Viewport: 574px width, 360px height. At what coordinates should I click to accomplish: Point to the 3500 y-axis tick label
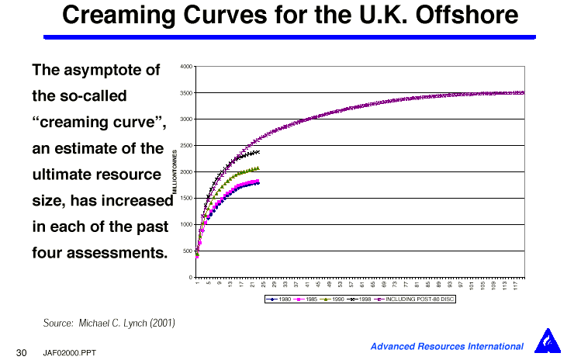[x=186, y=93]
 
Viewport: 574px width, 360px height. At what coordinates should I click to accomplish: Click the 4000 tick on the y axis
[x=186, y=67]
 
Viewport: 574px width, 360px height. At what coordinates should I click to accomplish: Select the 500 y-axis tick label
[x=188, y=251]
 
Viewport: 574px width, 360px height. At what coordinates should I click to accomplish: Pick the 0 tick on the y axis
[x=191, y=277]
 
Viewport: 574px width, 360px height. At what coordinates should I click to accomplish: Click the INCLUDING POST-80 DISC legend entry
[x=416, y=299]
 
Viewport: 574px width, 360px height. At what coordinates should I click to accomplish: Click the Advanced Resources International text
[x=447, y=346]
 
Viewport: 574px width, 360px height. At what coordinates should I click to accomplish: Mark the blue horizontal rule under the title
[x=289, y=36]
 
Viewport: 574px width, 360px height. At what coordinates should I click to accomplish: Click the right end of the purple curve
[x=524, y=92]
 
